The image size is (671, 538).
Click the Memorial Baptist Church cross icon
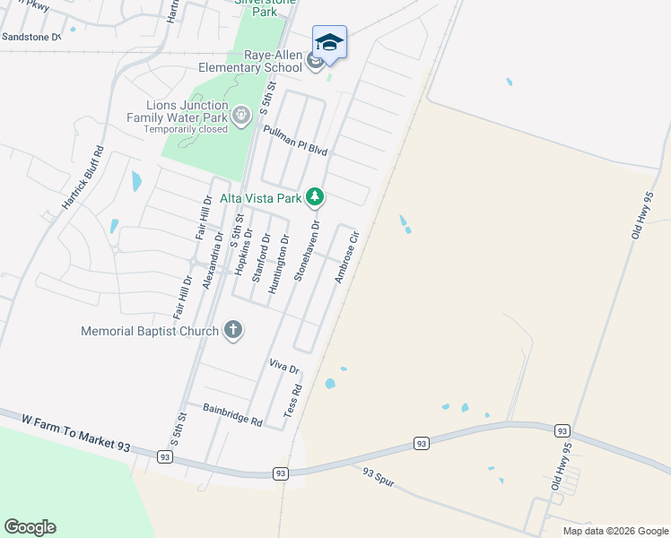coord(232,330)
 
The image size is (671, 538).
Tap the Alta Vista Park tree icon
coord(315,195)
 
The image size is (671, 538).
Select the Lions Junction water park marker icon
coord(240,116)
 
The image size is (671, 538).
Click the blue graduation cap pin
coord(329,43)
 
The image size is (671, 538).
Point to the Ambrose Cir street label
coord(346,258)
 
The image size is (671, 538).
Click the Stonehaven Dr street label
coord(306,251)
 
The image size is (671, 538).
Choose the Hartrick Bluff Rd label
coord(83,178)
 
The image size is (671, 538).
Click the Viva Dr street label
coord(283,366)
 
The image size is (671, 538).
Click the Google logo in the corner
coord(30,527)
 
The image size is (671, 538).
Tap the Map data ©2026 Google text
coord(615,531)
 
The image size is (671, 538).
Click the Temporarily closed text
coord(186,129)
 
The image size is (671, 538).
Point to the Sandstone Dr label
coord(30,37)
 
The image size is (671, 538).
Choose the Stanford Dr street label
coord(260,258)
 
